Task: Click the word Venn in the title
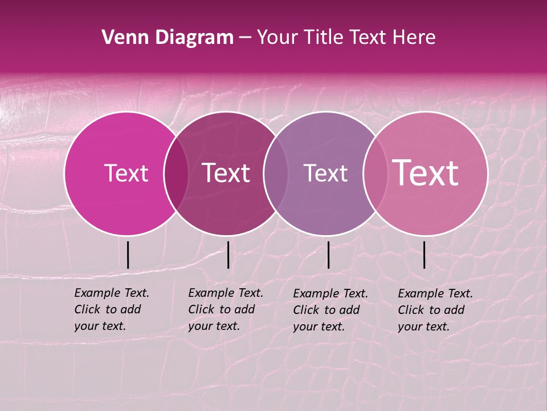coord(121,38)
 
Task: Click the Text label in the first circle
coord(126,173)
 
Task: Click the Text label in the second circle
coord(226,173)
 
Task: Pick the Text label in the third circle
coord(325,173)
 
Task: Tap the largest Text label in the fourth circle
coord(426,173)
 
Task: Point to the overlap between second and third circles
coord(276,173)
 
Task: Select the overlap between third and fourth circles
coord(375,173)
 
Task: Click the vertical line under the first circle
coord(128,255)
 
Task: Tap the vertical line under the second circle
coord(228,255)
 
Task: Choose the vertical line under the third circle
coord(328,255)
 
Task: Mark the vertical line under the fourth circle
coord(424,255)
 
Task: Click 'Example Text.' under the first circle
coord(112,293)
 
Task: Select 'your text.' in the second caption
coord(214,326)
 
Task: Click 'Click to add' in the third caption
coord(326,310)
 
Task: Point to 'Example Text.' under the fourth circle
coord(435,293)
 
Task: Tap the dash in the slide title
coord(245,38)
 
